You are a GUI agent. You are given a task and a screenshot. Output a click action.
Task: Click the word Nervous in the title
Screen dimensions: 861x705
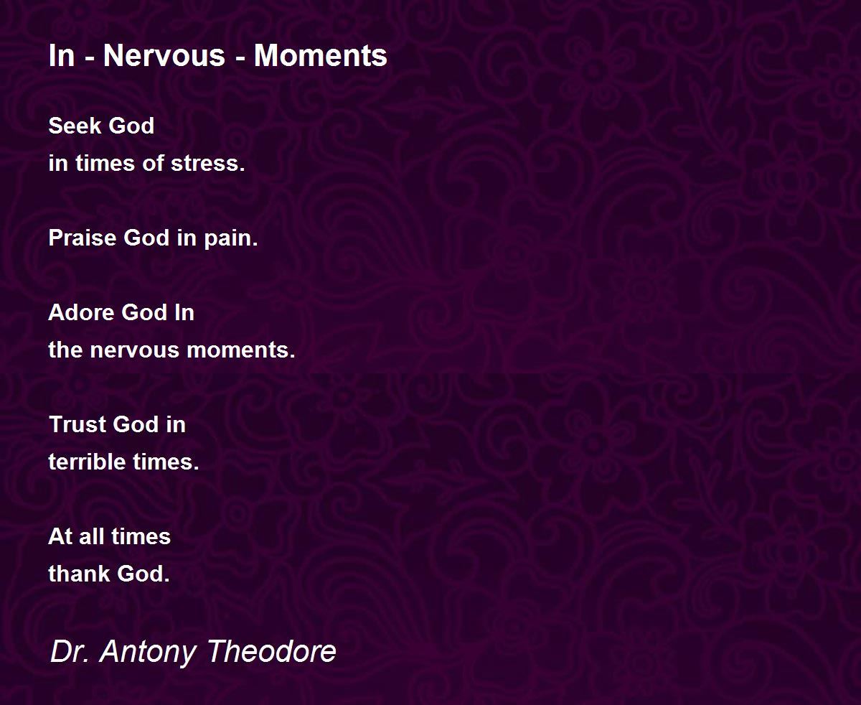164,55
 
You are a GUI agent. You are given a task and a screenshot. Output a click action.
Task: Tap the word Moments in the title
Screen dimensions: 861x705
321,55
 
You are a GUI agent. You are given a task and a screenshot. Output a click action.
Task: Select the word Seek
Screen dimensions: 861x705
75,126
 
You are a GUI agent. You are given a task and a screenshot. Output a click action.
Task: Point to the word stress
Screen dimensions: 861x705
208,164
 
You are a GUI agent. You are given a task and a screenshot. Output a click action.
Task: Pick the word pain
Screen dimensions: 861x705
231,238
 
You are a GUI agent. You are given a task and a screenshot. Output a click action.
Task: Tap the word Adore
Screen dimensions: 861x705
81,312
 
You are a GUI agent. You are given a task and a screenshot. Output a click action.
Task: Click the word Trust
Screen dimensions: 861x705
77,424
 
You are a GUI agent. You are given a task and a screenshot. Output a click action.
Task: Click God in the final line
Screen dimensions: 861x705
143,574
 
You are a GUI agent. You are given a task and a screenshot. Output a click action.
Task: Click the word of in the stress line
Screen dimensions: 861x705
153,164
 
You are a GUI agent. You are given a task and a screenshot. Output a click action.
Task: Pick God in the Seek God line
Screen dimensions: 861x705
131,126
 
